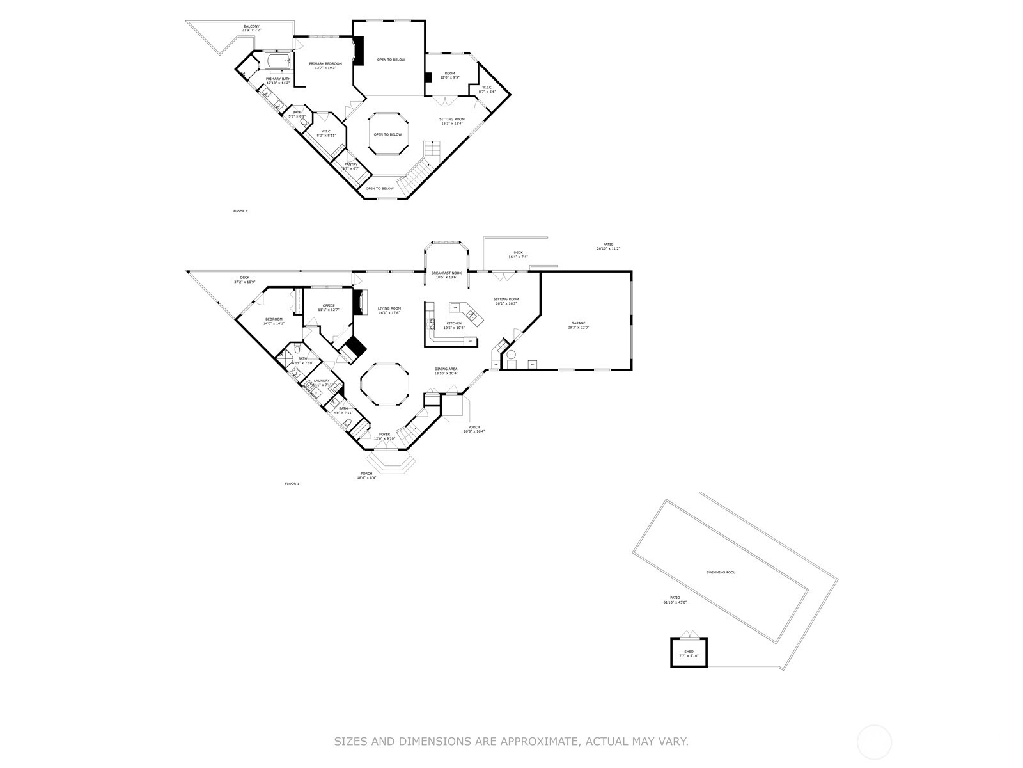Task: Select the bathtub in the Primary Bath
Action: [x=278, y=61]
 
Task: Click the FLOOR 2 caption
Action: [x=240, y=211]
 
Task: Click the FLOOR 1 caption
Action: [x=292, y=483]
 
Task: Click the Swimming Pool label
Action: [x=721, y=572]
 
